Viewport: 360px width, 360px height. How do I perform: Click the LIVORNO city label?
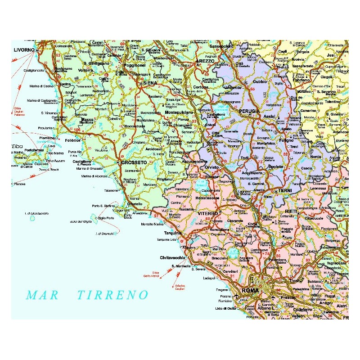tap(24, 50)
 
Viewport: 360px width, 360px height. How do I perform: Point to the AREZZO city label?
tap(207, 61)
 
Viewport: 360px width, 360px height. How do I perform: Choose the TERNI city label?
tap(285, 191)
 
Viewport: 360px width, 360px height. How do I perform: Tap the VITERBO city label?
tap(208, 212)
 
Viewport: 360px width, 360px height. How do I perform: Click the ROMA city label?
tap(250, 291)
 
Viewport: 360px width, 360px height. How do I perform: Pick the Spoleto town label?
tap(275, 166)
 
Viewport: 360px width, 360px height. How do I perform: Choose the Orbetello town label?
tap(135, 203)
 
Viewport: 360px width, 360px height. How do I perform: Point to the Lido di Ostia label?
tap(225, 308)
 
